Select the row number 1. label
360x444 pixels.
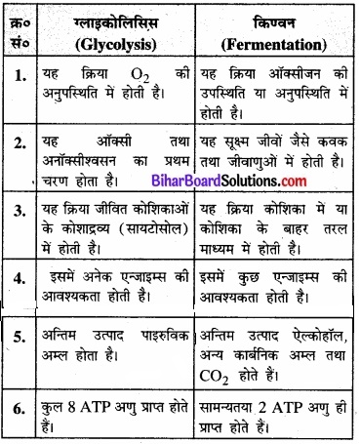tap(20, 82)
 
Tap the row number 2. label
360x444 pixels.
tap(20, 141)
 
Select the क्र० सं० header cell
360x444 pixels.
tap(20, 31)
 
